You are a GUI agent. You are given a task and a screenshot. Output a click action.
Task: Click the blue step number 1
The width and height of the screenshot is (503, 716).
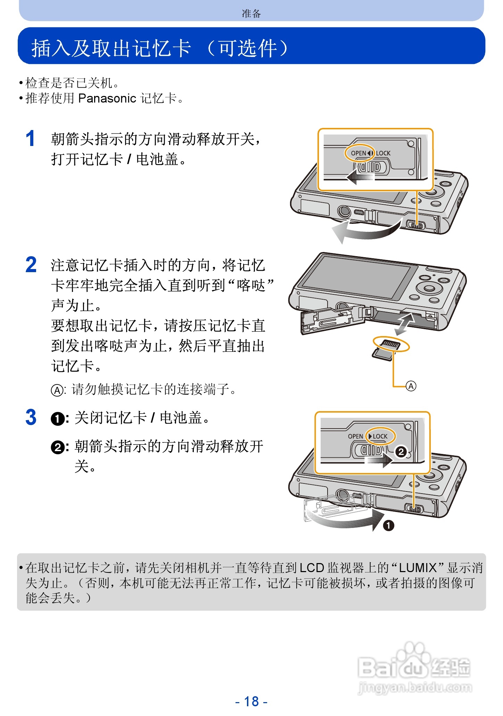tap(30, 139)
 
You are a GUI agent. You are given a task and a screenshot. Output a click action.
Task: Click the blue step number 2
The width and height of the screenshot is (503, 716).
tap(31, 265)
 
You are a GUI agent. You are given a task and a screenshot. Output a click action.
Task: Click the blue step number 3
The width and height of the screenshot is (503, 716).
tap(31, 417)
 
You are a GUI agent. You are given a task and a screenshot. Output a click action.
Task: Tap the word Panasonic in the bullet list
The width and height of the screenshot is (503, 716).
tap(107, 98)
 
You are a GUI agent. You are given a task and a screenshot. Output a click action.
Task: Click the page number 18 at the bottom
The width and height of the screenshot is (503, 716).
tap(251, 701)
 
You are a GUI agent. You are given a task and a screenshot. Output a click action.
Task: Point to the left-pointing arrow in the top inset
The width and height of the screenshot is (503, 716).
tap(360, 177)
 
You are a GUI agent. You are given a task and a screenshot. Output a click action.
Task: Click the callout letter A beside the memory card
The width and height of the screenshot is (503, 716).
tap(411, 386)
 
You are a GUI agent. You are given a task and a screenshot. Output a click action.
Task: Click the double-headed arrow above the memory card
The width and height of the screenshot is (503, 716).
tap(405, 324)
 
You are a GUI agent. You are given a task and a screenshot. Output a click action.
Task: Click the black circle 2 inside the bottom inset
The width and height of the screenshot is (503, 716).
tap(401, 451)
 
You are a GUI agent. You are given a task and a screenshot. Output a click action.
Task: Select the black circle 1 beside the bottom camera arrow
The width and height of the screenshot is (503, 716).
tap(388, 525)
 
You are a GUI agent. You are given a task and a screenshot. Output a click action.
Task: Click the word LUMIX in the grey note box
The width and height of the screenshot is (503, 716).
tap(418, 568)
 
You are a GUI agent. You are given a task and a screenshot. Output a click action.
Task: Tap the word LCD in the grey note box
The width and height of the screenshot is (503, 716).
tap(312, 568)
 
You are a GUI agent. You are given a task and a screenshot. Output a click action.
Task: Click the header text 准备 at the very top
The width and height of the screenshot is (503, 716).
tap(251, 14)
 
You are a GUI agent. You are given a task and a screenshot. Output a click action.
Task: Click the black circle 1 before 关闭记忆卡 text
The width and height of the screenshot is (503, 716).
tap(57, 418)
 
